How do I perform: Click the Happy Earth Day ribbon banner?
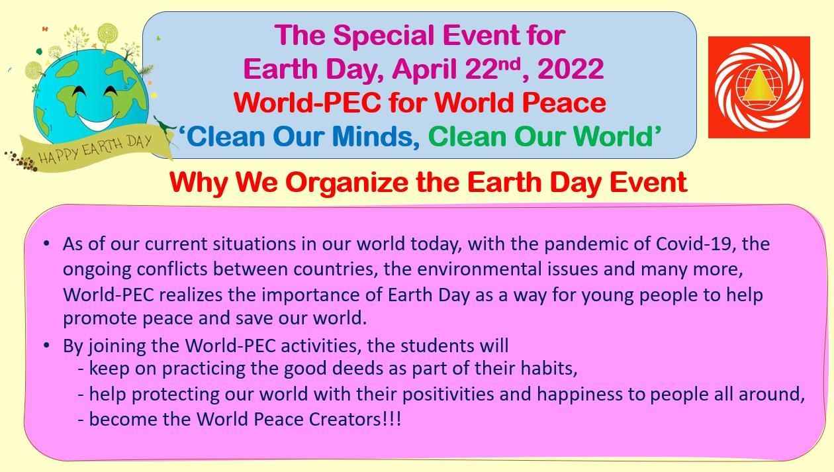[x=95, y=149]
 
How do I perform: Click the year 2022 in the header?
[x=571, y=70]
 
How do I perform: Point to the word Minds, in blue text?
[x=376, y=136]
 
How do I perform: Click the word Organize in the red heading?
[x=346, y=183]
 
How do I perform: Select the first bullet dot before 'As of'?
[x=46, y=244]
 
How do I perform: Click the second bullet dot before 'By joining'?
[x=46, y=346]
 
